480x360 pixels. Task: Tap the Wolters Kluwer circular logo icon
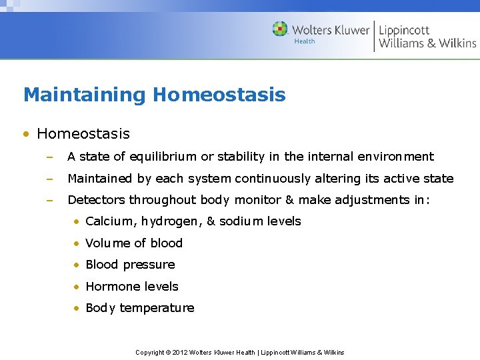pyautogui.click(x=280, y=29)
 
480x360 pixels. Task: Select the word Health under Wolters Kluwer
pyautogui.click(x=305, y=41)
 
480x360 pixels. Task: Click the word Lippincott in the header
pyautogui.click(x=404, y=29)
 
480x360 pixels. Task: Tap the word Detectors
pyautogui.click(x=97, y=200)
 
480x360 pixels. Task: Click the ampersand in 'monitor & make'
pyautogui.click(x=289, y=200)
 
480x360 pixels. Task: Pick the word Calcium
pyautogui.click(x=109, y=221)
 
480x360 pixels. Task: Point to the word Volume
pyautogui.click(x=107, y=243)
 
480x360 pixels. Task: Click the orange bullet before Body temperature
pyautogui.click(x=77, y=308)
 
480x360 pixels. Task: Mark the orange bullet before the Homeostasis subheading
pyautogui.click(x=27, y=134)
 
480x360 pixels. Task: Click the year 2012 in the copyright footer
pyautogui.click(x=180, y=352)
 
